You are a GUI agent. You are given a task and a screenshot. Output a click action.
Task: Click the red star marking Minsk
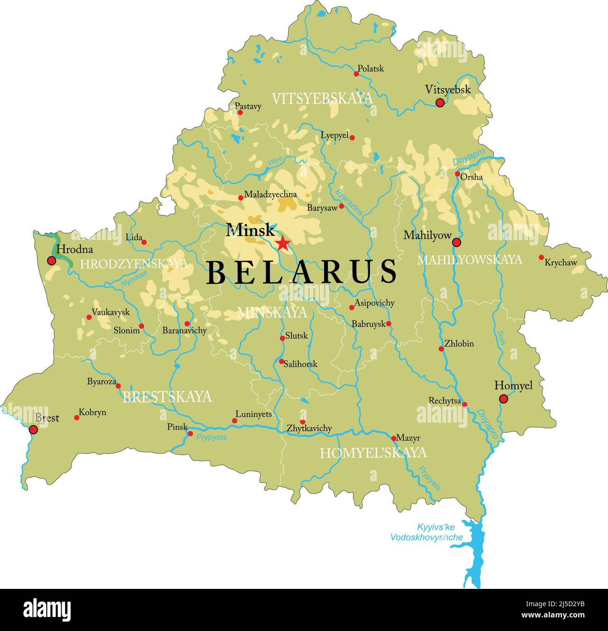point(282,243)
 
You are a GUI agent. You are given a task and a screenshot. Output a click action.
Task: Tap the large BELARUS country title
point(302,272)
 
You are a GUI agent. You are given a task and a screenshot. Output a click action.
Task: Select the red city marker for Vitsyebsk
point(440,103)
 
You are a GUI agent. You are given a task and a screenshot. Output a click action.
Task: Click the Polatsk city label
point(370,68)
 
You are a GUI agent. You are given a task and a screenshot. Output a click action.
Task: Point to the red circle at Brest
point(33,430)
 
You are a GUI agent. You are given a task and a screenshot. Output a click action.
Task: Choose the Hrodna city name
point(74,249)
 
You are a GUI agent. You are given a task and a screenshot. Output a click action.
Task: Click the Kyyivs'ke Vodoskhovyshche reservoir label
point(426,532)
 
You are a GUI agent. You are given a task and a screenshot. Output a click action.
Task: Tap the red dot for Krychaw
point(541,257)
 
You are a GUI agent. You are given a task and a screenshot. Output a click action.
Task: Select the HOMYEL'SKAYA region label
point(373,453)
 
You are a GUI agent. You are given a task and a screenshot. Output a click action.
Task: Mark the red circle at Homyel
point(503,399)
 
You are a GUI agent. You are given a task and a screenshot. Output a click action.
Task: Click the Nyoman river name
point(134,279)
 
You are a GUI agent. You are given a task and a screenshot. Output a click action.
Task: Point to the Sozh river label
point(501,338)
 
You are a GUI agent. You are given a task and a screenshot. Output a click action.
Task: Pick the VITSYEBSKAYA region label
point(322,98)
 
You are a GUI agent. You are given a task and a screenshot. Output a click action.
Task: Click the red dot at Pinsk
point(190,433)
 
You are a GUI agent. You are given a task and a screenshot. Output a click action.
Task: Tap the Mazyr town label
point(408,438)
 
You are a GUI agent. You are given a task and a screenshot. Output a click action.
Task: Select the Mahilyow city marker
point(456,242)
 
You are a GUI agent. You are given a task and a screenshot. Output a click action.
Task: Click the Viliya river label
point(275,161)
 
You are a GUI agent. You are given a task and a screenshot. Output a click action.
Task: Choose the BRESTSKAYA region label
point(167,397)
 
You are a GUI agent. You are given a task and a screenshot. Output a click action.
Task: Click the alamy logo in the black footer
point(47,610)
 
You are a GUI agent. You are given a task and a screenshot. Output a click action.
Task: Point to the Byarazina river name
point(349,202)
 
